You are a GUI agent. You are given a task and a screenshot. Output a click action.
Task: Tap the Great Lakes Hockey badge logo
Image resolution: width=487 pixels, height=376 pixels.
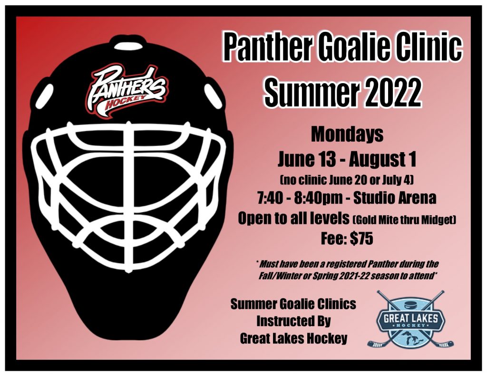point(410,320)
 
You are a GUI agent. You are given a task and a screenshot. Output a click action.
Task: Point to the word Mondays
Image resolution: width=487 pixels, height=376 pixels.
point(347,135)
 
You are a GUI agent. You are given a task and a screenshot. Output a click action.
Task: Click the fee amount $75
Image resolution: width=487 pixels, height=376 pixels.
point(361,239)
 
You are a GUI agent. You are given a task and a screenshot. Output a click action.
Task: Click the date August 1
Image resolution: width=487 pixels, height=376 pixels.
point(382,159)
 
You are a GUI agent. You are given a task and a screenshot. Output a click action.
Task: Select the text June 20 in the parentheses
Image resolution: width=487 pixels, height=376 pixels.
point(347,180)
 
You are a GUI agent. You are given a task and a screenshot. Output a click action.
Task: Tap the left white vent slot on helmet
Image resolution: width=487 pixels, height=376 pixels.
point(45,96)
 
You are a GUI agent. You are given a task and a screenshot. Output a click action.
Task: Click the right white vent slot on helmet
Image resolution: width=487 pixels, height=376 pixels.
point(214,96)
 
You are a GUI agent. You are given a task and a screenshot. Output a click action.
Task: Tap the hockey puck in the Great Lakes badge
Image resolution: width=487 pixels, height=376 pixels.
point(411,302)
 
